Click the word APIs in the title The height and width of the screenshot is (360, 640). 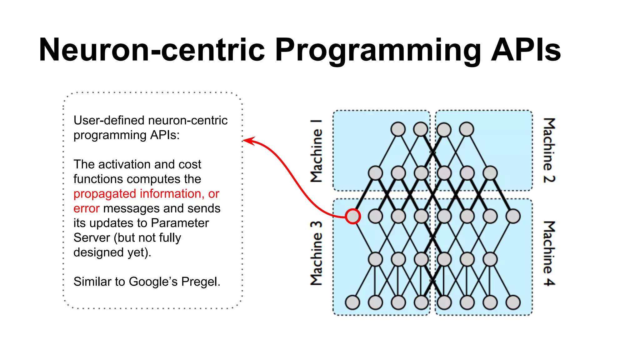tap(526, 50)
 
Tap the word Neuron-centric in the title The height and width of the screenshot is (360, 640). tap(152, 50)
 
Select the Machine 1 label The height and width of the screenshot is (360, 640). tap(316, 151)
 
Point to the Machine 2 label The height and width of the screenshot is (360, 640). tap(549, 151)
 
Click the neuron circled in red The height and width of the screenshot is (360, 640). tap(353, 216)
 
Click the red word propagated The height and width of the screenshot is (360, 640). tap(105, 194)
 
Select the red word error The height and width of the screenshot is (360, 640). tap(86, 208)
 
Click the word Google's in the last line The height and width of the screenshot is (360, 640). tap(153, 282)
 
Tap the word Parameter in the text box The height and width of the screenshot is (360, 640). tap(180, 223)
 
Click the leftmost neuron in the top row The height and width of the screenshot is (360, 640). tap(398, 129)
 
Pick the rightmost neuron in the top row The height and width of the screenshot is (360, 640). tap(467, 129)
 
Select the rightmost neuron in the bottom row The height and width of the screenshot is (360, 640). tap(513, 302)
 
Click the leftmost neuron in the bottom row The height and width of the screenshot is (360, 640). tap(352, 302)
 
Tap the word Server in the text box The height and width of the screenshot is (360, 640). tap(92, 238)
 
